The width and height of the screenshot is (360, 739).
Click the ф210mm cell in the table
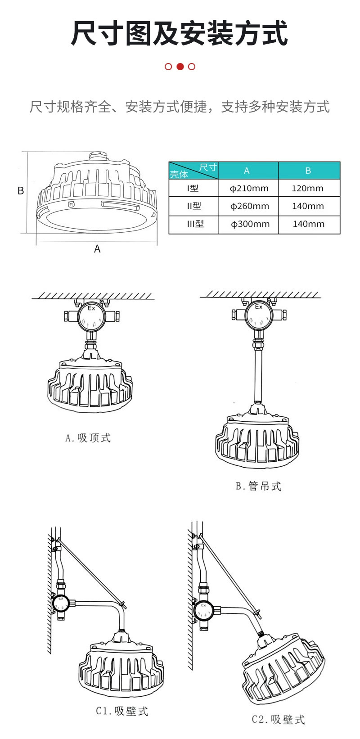(248, 188)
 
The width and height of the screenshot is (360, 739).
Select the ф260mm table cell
(249, 206)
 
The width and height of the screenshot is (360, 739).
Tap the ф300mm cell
(249, 224)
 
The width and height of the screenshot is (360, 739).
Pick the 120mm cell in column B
(308, 188)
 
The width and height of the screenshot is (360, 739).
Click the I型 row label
(193, 188)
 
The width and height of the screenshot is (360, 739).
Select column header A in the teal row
(247, 171)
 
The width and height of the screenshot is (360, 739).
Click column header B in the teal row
(308, 171)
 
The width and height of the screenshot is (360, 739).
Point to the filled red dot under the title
(180, 67)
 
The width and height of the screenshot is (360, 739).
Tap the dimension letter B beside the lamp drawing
(21, 191)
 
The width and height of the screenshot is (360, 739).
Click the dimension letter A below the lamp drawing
(97, 249)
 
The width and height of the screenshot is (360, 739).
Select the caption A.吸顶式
(88, 438)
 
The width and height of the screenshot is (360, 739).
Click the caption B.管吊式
(258, 486)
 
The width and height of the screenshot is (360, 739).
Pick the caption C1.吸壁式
(122, 711)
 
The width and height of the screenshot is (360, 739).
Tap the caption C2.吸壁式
(278, 719)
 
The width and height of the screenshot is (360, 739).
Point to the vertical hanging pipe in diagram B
(258, 376)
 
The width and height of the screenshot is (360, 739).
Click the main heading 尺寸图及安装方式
(180, 33)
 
